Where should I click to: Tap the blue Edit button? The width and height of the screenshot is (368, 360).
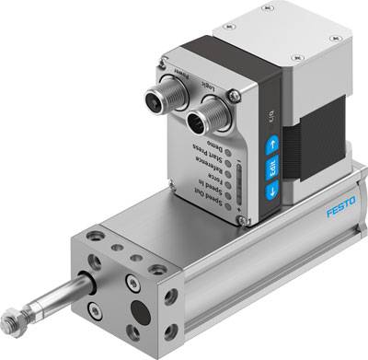click(x=272, y=168)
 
